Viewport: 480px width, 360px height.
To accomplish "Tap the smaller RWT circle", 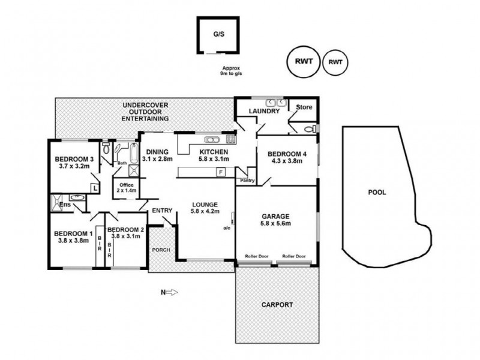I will pyautogui.click(x=335, y=62).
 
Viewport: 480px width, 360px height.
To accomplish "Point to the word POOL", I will pyautogui.click(x=377, y=193).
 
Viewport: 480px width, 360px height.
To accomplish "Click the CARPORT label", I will pyautogui.click(x=277, y=305).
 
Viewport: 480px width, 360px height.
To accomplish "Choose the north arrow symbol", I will pyautogui.click(x=169, y=293).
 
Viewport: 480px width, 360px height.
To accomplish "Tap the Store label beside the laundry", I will pyautogui.click(x=304, y=108).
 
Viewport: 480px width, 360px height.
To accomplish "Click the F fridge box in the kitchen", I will pyautogui.click(x=221, y=172).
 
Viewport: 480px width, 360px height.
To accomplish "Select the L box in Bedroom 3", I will pyautogui.click(x=94, y=187).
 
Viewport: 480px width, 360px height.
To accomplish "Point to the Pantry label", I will pyautogui.click(x=247, y=180).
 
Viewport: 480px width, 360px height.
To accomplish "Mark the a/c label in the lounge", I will pyautogui.click(x=227, y=228).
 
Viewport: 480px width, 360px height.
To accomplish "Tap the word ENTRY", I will pyautogui.click(x=162, y=211).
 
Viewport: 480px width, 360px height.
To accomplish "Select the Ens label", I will pyautogui.click(x=65, y=205).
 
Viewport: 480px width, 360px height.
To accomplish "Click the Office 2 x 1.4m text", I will pyautogui.click(x=126, y=187).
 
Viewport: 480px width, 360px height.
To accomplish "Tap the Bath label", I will pyautogui.click(x=122, y=163).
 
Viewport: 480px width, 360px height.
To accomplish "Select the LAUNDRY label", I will pyautogui.click(x=264, y=111).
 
